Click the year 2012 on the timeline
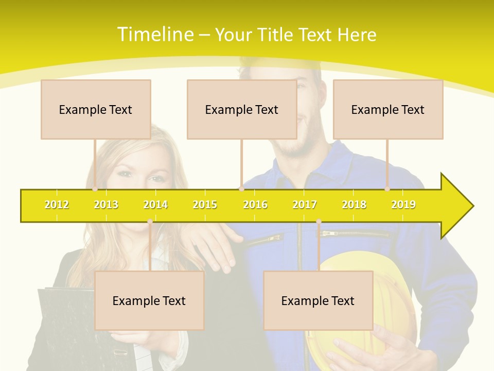coord(57,205)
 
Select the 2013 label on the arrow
coord(106,205)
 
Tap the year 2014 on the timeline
coord(155,205)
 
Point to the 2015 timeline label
coord(205,205)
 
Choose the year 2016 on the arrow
coord(255,205)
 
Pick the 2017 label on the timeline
coord(305,205)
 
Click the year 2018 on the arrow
coord(354,205)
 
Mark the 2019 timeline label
coord(403,205)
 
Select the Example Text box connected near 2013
coord(96,109)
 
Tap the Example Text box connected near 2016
coord(242,109)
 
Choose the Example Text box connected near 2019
coord(388,109)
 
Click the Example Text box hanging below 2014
coord(149,300)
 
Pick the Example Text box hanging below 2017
coord(318,300)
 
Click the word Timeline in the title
coord(155,35)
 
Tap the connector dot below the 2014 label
coord(150,221)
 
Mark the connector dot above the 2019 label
coord(387,189)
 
